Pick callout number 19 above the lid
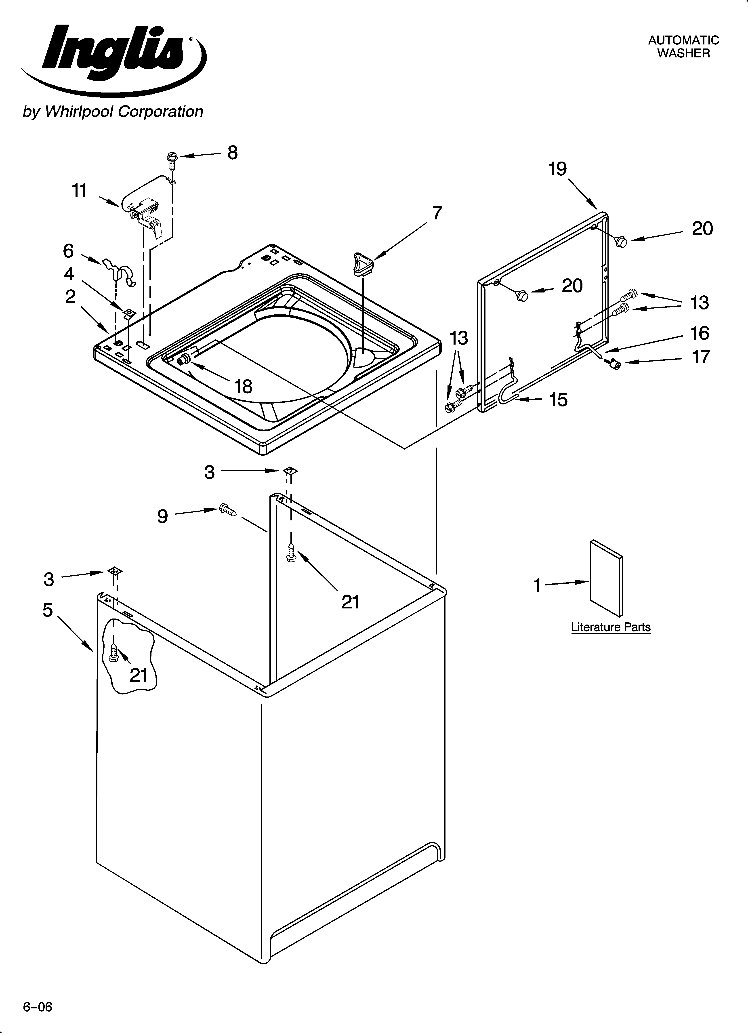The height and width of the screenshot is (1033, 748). (x=558, y=169)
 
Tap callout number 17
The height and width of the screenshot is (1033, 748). (x=701, y=357)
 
